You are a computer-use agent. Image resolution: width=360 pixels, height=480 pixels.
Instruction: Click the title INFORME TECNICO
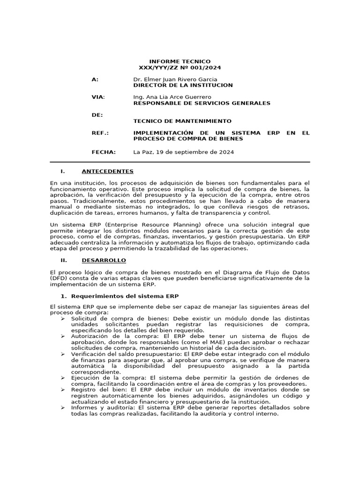pos(180,61)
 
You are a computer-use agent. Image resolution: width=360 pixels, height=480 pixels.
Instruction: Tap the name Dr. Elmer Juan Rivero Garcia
pos(175,80)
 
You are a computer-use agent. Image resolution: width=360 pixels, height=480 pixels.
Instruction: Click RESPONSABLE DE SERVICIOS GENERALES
pos(202,103)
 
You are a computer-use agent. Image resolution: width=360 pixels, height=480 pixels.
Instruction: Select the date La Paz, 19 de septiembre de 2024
pos(183,152)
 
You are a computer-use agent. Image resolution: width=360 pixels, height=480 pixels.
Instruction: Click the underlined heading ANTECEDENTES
pos(107,171)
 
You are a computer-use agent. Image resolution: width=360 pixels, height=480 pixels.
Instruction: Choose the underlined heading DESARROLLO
pos(104,260)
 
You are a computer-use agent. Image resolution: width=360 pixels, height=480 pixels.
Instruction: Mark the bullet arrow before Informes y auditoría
pos(63,408)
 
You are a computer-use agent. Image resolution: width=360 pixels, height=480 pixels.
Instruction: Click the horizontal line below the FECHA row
pos(180,162)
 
